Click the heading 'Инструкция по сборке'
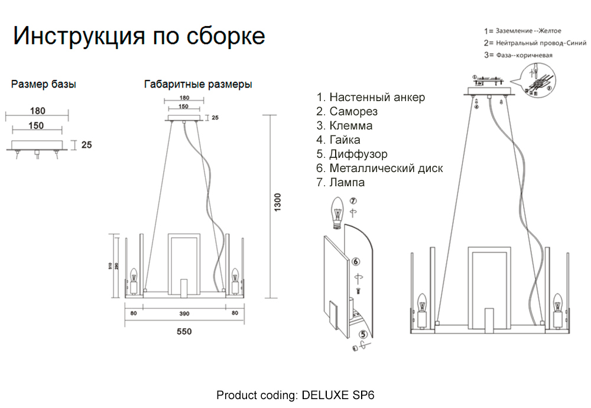click(139, 36)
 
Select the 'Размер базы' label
click(44, 85)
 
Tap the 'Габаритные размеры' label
click(198, 85)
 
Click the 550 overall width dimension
click(184, 332)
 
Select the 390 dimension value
click(184, 313)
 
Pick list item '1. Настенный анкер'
click(371, 98)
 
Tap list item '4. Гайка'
click(338, 140)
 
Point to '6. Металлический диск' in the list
click(379, 169)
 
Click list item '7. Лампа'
click(340, 183)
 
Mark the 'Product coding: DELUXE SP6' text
click(295, 395)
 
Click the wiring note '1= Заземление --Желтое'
click(522, 31)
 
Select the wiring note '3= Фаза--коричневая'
click(518, 56)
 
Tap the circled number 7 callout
click(353, 202)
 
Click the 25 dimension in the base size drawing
click(86, 144)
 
